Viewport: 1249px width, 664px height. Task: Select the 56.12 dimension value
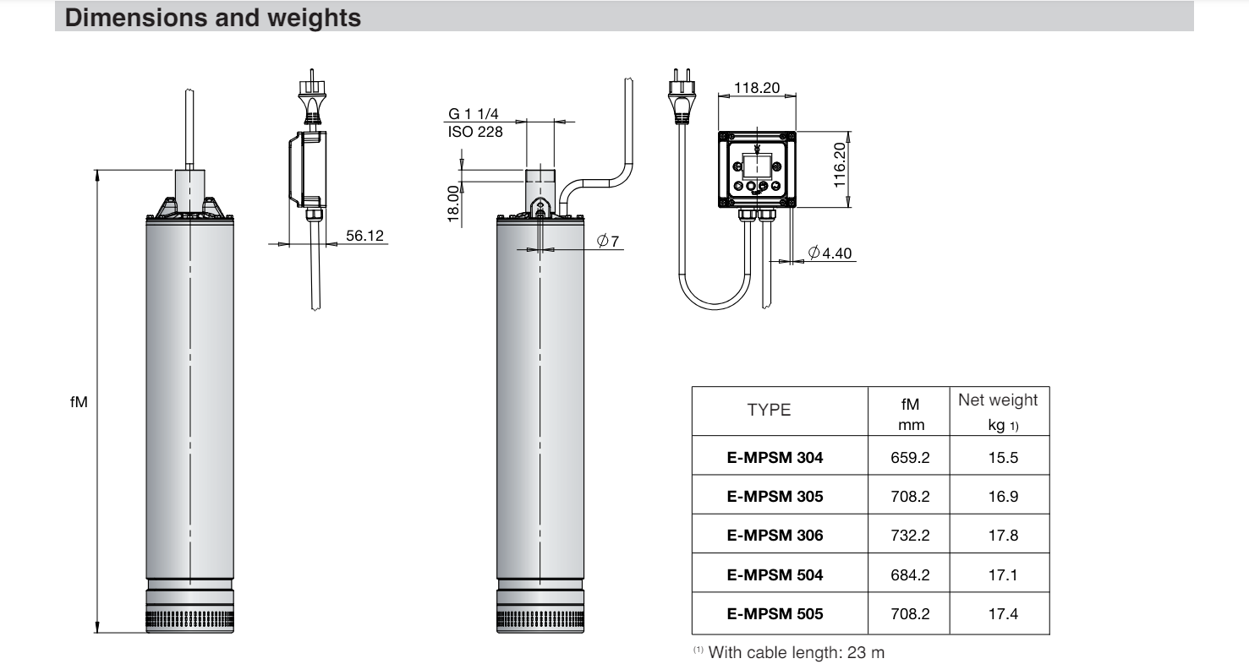[x=364, y=236]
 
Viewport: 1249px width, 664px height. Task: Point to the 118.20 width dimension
[x=757, y=87]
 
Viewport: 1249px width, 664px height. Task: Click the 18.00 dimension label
[x=453, y=204]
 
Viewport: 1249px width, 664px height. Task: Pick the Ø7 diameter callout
[x=608, y=242]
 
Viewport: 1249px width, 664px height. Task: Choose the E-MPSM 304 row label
[x=775, y=458]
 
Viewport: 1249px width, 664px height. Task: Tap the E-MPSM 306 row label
[x=775, y=535]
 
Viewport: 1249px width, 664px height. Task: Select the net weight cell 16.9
[x=1001, y=497]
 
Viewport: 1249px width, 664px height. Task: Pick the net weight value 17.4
[x=1001, y=613]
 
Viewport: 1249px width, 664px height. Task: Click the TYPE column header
[x=769, y=411]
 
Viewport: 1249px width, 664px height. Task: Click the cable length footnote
[x=789, y=651]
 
